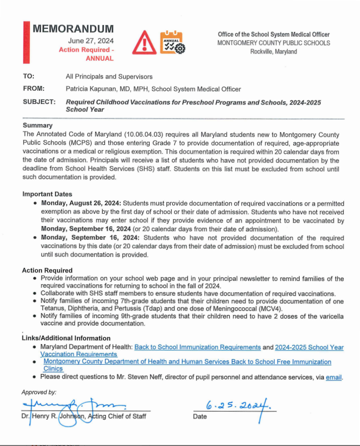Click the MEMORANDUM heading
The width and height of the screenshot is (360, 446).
click(73, 29)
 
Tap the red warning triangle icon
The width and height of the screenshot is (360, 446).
click(145, 42)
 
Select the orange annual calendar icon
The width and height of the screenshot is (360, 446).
click(172, 42)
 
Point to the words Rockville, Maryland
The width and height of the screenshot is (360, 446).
click(274, 51)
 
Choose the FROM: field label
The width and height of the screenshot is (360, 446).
click(34, 89)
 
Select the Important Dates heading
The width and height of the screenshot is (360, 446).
click(47, 194)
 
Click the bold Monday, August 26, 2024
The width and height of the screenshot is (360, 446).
click(81, 203)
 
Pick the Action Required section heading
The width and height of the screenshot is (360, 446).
click(47, 270)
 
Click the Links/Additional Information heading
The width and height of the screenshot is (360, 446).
click(66, 338)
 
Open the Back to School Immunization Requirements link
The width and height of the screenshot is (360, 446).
click(198, 347)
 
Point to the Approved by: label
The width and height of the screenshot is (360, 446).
click(39, 392)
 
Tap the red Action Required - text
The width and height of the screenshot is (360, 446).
click(86, 50)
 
